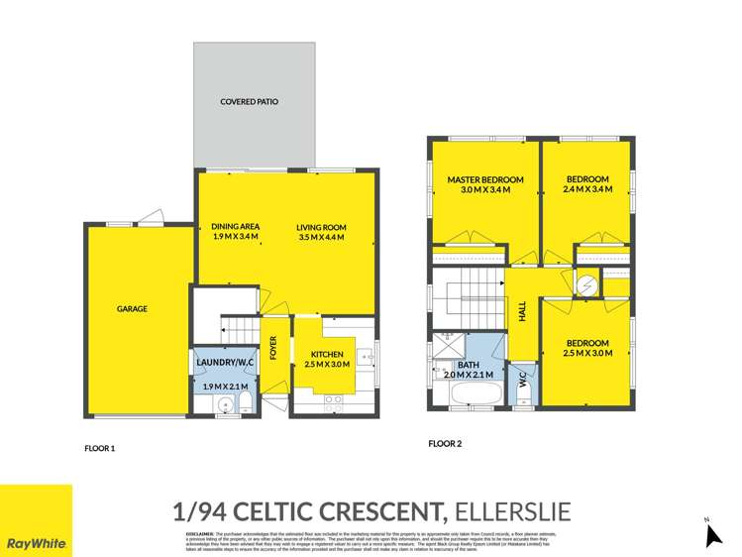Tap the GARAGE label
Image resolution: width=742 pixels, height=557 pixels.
click(132, 309)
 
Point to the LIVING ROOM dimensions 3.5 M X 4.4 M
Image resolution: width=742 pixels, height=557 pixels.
click(321, 238)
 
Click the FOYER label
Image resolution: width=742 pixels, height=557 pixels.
click(274, 349)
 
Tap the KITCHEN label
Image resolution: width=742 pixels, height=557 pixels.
click(327, 354)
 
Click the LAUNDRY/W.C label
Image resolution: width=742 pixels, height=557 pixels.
click(225, 364)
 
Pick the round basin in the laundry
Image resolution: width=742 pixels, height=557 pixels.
click(223, 402)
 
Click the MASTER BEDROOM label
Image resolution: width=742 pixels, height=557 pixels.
click(484, 179)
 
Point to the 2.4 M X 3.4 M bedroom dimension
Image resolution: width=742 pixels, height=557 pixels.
click(585, 189)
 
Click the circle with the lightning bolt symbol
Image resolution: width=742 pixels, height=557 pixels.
click(586, 285)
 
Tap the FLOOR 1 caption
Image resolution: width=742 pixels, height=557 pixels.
click(100, 448)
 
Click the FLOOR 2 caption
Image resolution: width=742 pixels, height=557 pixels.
click(445, 444)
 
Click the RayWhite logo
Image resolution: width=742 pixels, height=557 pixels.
click(36, 543)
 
